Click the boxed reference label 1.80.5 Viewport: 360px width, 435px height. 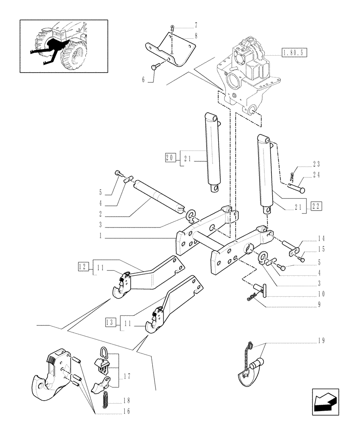tap(294, 53)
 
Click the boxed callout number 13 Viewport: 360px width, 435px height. tap(110, 322)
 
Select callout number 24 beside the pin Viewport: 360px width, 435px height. tap(316, 176)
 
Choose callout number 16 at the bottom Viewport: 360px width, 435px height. tap(125, 411)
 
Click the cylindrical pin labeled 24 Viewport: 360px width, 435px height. tap(297, 188)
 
